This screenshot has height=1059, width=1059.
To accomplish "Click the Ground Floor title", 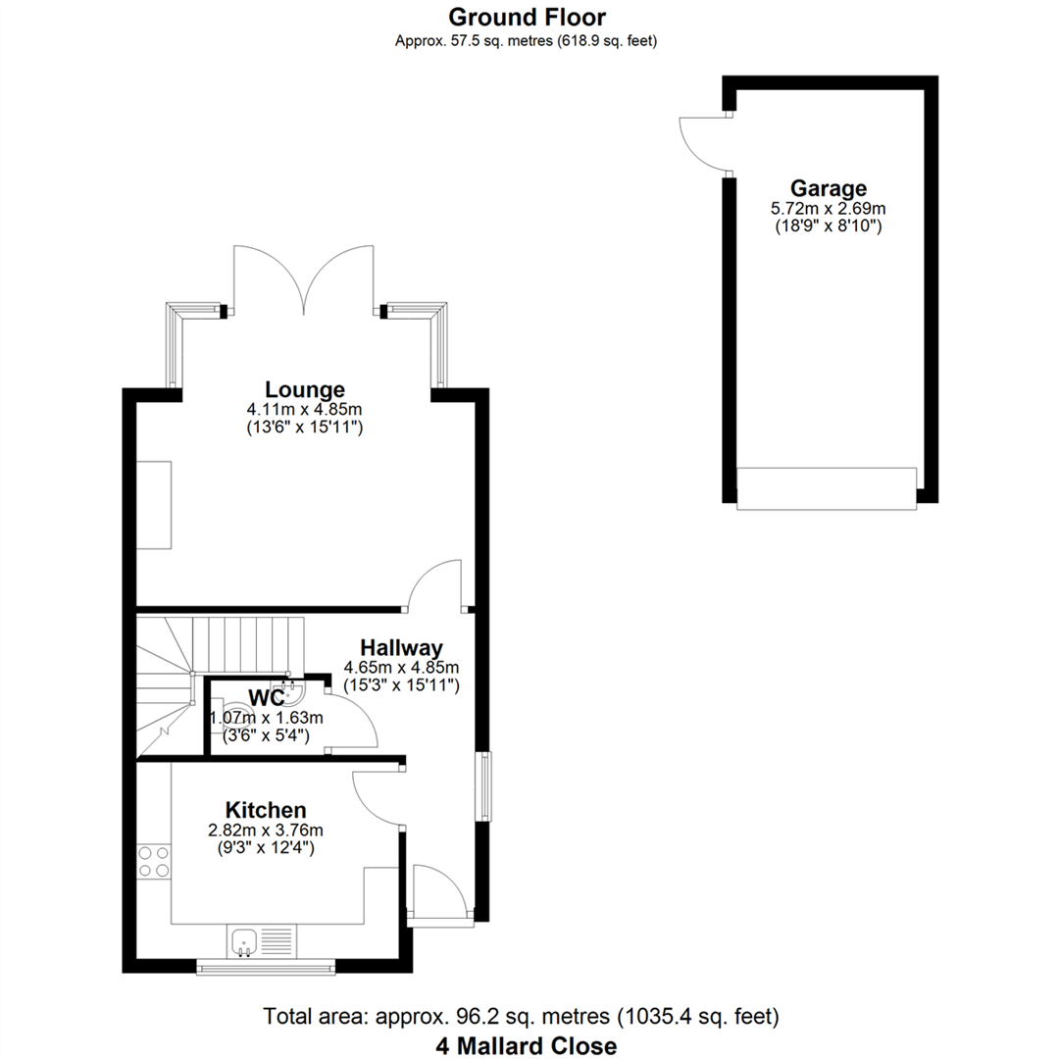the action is point(527,17).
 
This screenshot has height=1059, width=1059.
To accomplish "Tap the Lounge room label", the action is point(305,389).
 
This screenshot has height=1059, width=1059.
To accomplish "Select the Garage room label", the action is point(828,188).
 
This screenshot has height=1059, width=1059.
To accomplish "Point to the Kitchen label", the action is point(266,810).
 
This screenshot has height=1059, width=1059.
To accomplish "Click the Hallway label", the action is point(401,648).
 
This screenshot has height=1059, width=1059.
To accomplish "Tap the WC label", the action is point(267,698).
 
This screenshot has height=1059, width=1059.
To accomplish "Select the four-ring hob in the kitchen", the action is point(154,862).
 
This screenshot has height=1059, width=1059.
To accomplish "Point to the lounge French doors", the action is point(304,278).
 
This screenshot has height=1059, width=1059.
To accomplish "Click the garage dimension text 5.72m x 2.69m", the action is point(828,209).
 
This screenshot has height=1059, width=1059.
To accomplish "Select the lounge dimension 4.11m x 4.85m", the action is point(305,409).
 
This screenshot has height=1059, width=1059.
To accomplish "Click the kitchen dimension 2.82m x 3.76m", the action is point(266,831).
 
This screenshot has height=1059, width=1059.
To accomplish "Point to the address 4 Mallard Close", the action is point(527,1046).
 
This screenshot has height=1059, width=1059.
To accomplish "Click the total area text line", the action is point(521,1017).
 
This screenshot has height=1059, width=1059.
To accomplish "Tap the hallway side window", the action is point(485,786).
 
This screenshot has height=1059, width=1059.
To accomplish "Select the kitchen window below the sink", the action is point(266,967).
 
